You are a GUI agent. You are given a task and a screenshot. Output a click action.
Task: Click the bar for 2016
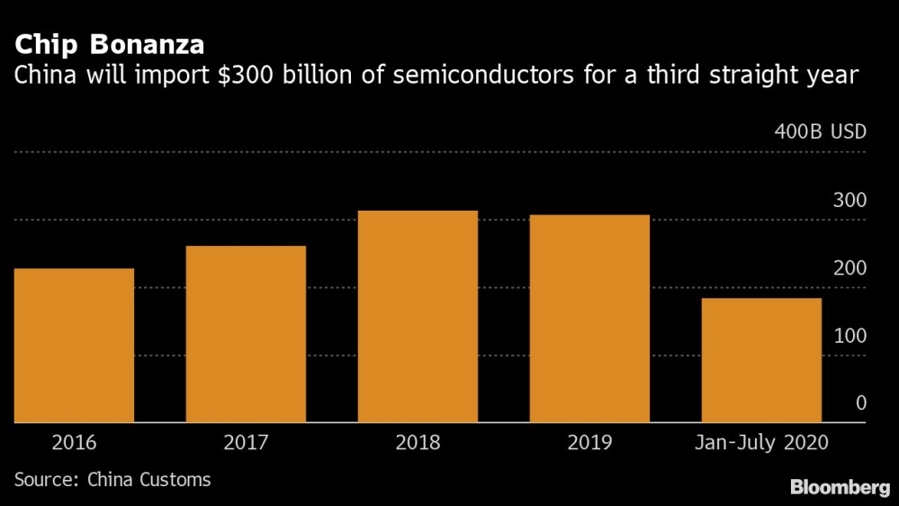tap(74, 345)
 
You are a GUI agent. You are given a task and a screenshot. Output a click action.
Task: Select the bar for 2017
tap(246, 334)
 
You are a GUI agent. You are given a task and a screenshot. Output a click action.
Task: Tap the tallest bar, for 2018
tap(418, 316)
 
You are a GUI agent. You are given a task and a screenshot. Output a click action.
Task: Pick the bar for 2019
tap(589, 319)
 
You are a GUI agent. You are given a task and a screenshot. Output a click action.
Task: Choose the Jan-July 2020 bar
tap(761, 360)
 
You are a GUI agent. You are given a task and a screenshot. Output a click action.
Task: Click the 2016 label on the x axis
tap(74, 443)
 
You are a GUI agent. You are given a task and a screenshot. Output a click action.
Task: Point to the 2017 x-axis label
tap(246, 443)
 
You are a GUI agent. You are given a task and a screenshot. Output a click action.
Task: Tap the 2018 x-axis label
tap(418, 443)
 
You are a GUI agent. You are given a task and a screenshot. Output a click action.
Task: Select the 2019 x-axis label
tap(589, 443)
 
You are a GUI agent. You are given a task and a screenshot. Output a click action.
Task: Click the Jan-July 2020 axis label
tap(761, 443)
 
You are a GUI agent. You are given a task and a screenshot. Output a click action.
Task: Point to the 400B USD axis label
tap(820, 132)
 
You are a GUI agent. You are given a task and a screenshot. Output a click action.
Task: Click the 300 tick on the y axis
tap(850, 201)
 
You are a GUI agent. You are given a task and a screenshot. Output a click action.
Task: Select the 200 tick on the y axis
tap(850, 268)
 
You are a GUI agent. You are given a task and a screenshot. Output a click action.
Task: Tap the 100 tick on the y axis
tap(850, 336)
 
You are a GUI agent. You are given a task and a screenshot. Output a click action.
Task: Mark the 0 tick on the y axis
tap(860, 403)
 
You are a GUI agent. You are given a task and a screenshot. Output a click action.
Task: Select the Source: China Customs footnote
tap(112, 480)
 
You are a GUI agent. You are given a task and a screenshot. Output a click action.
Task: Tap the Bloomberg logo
tap(840, 487)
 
